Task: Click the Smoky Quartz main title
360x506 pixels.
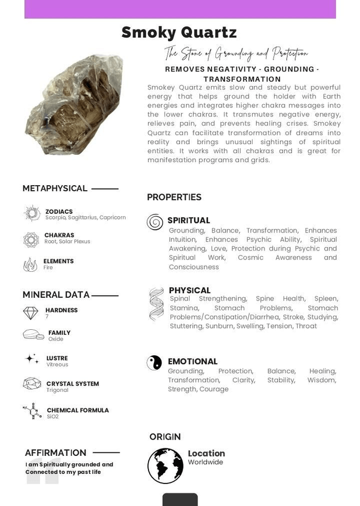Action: [x=179, y=33]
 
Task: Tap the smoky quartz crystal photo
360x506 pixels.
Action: [x=74, y=104]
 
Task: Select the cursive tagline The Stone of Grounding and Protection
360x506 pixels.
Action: [x=236, y=53]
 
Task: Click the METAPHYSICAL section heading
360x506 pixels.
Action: [x=55, y=189]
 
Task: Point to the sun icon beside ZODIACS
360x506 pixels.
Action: [x=31, y=213]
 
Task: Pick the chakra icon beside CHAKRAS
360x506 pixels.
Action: [x=31, y=240]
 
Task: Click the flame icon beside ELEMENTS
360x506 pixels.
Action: [x=30, y=265]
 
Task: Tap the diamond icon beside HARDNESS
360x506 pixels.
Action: [x=30, y=313]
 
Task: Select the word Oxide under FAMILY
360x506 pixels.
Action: [x=56, y=339]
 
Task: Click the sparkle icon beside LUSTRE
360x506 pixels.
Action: [x=32, y=359]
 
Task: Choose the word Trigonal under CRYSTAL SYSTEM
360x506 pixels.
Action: [x=57, y=390]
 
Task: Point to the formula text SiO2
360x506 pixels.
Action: [x=52, y=417]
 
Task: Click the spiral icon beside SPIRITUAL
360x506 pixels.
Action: [x=155, y=222]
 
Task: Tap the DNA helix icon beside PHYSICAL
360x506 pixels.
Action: [x=156, y=305]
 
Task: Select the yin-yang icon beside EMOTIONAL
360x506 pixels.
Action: [x=154, y=362]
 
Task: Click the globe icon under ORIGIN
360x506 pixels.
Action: [x=165, y=465]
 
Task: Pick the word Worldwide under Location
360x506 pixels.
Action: [x=205, y=463]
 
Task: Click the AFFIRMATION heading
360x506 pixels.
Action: [x=55, y=453]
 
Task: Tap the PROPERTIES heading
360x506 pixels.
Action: [x=174, y=197]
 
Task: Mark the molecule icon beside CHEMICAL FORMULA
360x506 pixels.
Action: [x=31, y=411]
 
